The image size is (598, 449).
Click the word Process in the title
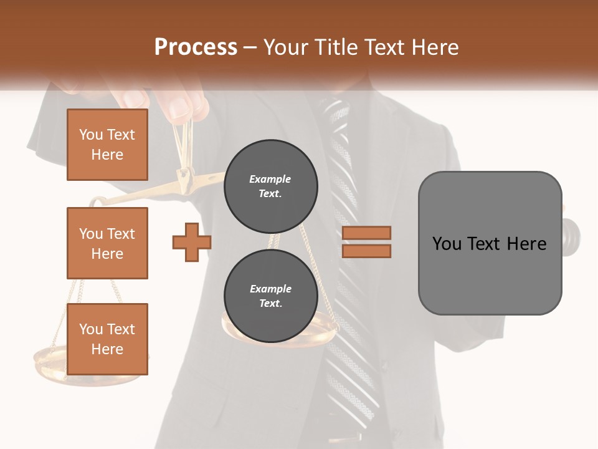click(196, 47)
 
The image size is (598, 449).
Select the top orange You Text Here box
click(107, 145)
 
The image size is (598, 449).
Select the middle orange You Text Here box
click(107, 243)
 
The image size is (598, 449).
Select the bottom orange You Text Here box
click(107, 339)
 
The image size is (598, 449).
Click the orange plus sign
click(192, 242)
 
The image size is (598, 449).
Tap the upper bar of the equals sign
click(366, 233)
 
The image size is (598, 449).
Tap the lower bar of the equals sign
click(366, 251)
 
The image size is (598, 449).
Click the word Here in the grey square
click(526, 244)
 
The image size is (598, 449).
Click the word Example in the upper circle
click(270, 179)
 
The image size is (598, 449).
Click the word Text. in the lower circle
click(270, 304)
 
